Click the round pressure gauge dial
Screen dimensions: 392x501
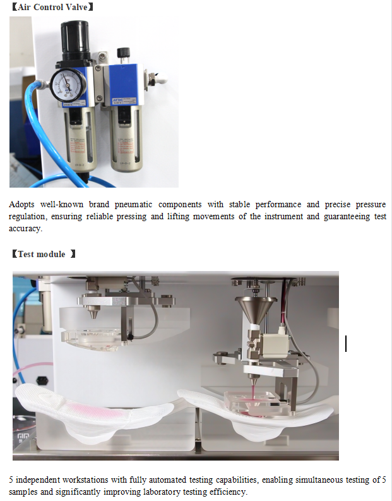coord(68,85)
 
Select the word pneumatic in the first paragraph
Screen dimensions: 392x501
coord(133,205)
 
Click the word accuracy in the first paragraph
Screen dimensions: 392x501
coord(25,229)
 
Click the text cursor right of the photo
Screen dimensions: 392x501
coord(346,344)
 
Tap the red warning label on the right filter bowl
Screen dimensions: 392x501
coord(126,146)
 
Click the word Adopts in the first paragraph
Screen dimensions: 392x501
coord(21,205)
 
